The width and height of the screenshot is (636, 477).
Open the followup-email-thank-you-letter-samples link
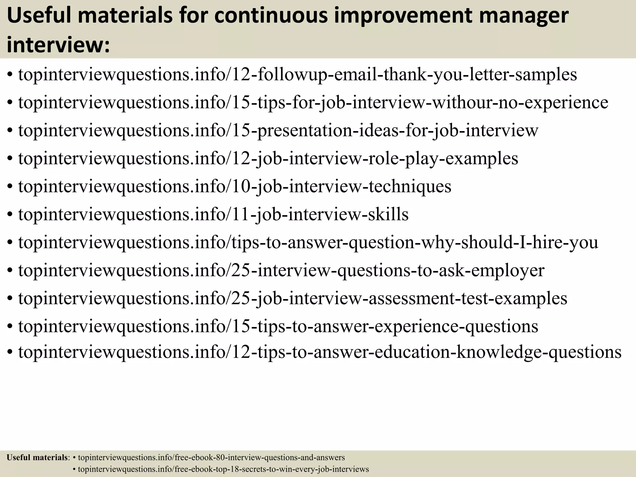tap(298, 75)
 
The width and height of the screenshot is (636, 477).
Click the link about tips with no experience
tap(313, 102)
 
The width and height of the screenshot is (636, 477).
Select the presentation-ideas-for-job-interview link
tap(278, 130)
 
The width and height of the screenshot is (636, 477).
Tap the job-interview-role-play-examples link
tap(268, 158)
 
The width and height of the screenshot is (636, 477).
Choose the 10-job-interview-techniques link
tap(235, 186)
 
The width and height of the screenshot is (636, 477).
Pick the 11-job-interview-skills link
tap(213, 214)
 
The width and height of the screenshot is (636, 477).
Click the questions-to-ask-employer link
tap(281, 270)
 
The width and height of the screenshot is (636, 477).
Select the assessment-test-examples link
tap(293, 298)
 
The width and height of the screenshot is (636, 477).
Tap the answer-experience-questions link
tap(278, 326)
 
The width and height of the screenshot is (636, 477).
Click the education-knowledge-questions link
tap(320, 352)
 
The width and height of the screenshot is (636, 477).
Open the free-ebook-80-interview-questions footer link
tap(211, 457)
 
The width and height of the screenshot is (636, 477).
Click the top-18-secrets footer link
tap(223, 469)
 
